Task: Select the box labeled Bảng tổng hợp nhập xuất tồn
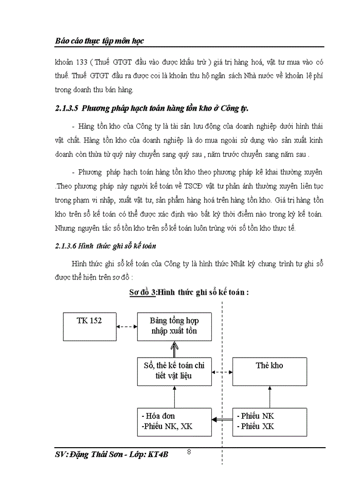point(174,326)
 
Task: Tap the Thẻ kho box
point(269,372)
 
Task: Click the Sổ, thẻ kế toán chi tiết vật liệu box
point(174,372)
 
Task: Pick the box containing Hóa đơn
point(174,421)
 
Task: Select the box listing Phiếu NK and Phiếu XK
point(269,421)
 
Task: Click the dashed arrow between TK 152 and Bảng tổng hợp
point(125,326)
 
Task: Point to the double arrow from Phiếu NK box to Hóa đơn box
point(222,420)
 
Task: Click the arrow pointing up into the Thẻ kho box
point(269,397)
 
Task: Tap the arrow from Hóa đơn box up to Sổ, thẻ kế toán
point(174,397)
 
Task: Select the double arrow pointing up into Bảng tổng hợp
point(174,349)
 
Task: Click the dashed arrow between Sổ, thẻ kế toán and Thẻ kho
point(222,372)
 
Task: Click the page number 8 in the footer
point(189,452)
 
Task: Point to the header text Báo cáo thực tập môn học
point(102,40)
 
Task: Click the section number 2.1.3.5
point(67,109)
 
